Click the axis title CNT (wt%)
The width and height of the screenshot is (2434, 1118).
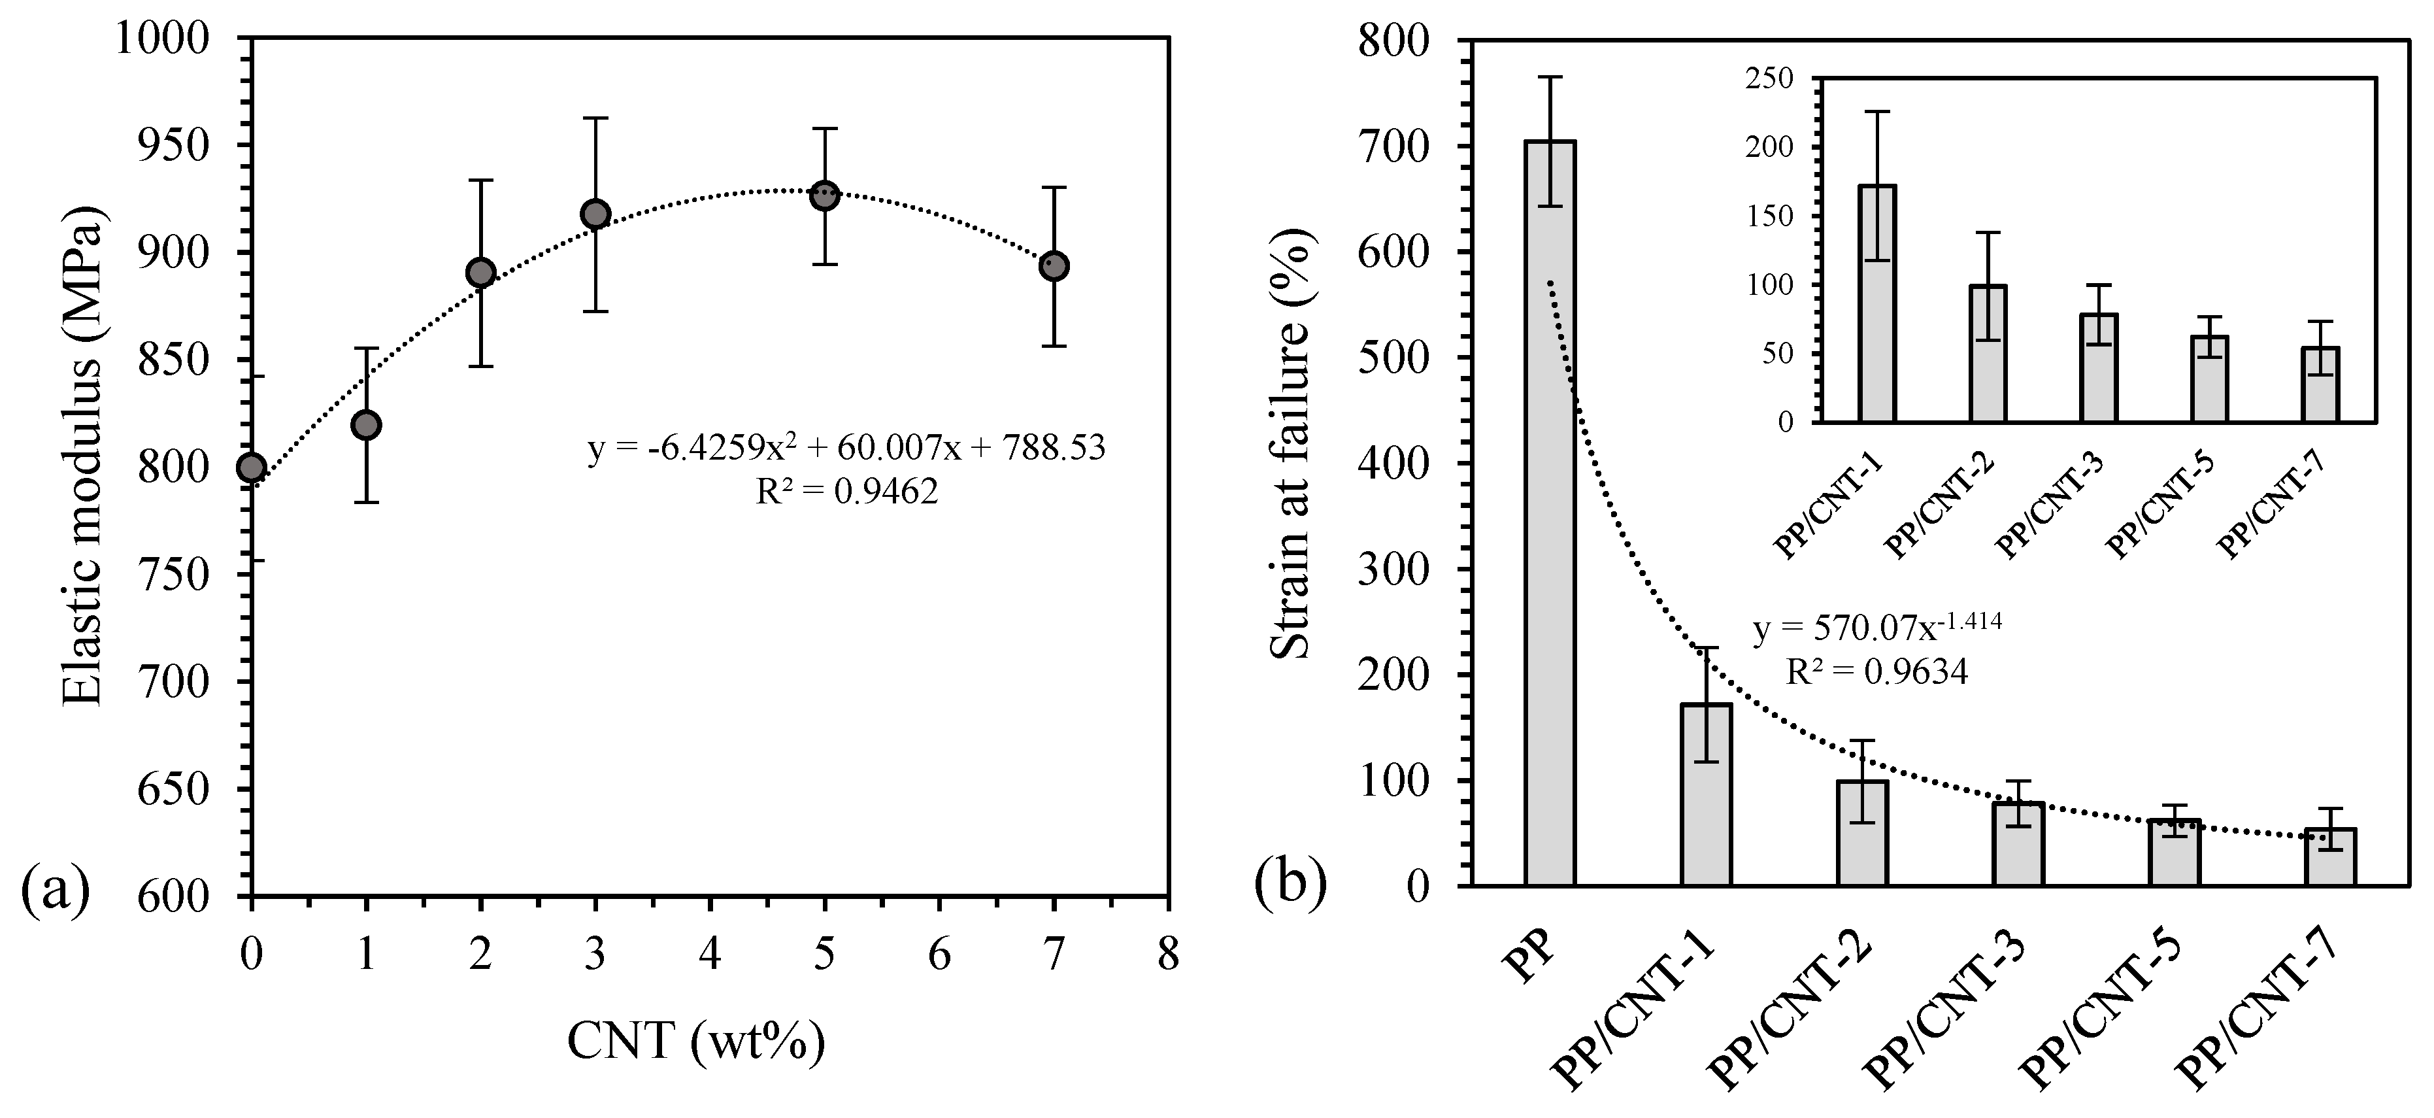click(695, 1042)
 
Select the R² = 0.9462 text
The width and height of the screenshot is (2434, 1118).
click(846, 490)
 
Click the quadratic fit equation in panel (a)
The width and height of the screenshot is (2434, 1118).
click(846, 447)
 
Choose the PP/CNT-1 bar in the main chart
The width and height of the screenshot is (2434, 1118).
click(1705, 794)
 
